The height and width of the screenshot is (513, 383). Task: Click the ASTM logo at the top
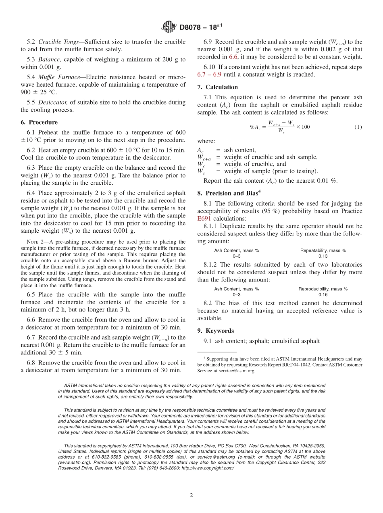[x=169, y=27]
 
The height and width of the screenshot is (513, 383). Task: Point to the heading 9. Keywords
[x=216, y=331]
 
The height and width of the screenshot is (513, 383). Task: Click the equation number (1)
[x=358, y=127]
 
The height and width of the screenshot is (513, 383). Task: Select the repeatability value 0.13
[x=323, y=256]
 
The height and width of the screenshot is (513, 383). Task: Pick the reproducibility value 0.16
[x=323, y=294]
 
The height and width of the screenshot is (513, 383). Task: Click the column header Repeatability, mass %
[x=323, y=250]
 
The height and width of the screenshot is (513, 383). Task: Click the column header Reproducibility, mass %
[x=323, y=289]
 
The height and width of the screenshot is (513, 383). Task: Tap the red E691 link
[x=204, y=219]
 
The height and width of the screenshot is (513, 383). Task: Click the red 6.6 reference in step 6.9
[x=233, y=57]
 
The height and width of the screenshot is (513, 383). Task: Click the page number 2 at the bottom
[x=191, y=495]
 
